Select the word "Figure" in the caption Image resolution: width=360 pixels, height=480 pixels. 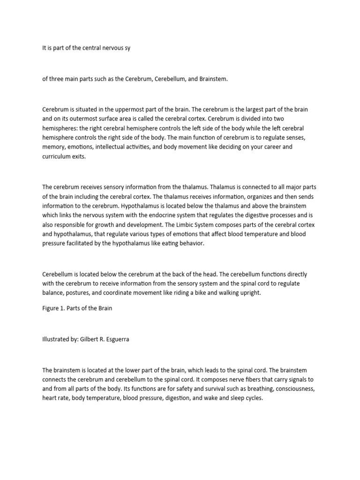pos(51,309)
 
